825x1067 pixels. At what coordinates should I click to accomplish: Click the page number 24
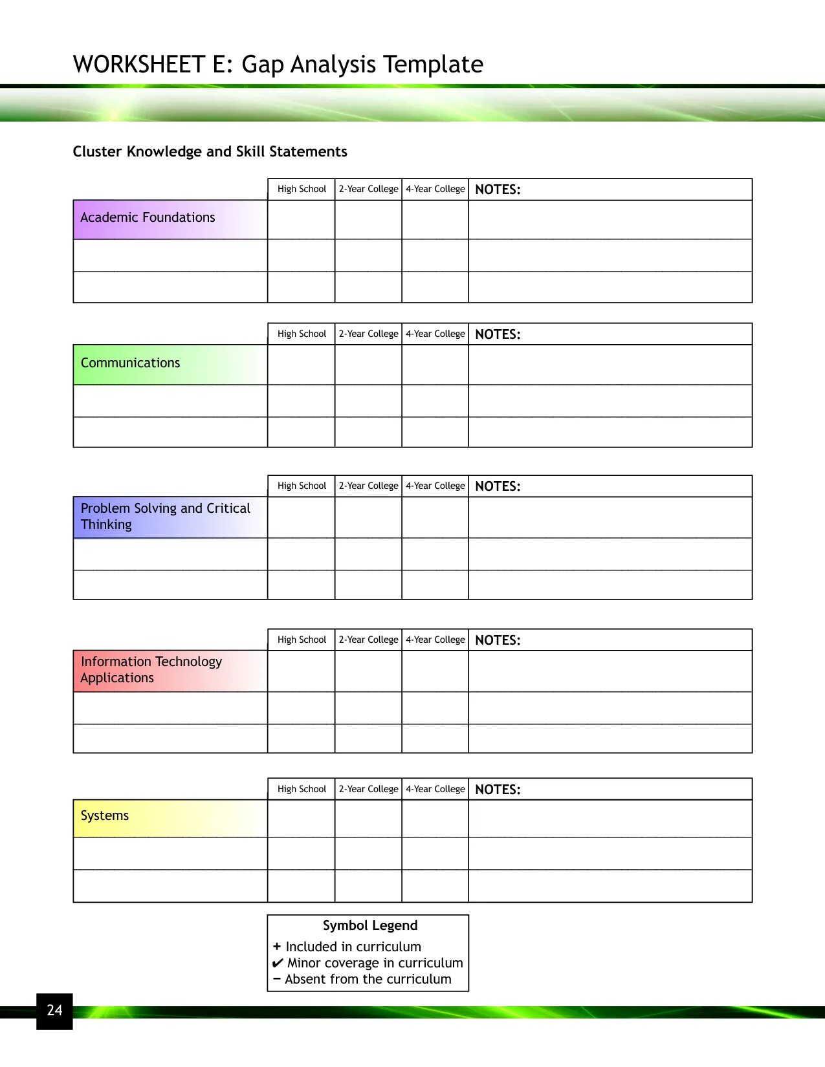tap(54, 1010)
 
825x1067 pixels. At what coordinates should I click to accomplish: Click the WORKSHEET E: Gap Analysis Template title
tap(278, 65)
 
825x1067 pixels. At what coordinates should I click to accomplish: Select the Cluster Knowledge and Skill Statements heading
tap(210, 151)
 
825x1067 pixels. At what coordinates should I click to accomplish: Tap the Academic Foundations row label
tap(148, 218)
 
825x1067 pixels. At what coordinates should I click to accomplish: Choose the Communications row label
tap(130, 363)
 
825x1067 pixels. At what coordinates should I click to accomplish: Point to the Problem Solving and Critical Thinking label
tap(165, 516)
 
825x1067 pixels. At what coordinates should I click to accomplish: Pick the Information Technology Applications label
tap(151, 669)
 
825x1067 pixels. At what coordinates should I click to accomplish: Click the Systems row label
tap(105, 815)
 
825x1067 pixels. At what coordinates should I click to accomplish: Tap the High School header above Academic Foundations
tap(302, 189)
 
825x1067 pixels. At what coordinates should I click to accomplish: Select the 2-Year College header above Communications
tap(368, 334)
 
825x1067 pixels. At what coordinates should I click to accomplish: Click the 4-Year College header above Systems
tap(435, 789)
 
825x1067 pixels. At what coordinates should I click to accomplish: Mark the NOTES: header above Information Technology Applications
tap(498, 640)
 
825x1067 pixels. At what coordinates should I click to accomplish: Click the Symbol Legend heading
tap(370, 925)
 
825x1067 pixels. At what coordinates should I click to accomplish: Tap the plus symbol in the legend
tap(277, 946)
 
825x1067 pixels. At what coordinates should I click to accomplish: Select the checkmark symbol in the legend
tap(278, 963)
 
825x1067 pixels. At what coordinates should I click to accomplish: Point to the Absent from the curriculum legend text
tap(368, 979)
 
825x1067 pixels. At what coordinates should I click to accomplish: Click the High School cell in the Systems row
tap(302, 819)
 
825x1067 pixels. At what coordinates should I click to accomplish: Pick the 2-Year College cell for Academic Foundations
tap(368, 220)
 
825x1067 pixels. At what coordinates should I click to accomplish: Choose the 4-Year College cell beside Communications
tap(435, 365)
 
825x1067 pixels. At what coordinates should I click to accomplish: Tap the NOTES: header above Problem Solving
tap(498, 486)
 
